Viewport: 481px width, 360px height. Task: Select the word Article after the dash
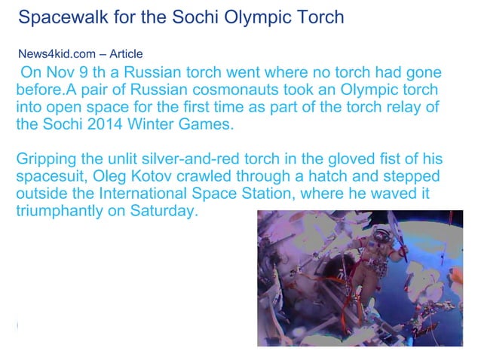[126, 54]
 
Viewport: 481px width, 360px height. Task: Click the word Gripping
[47, 160]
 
